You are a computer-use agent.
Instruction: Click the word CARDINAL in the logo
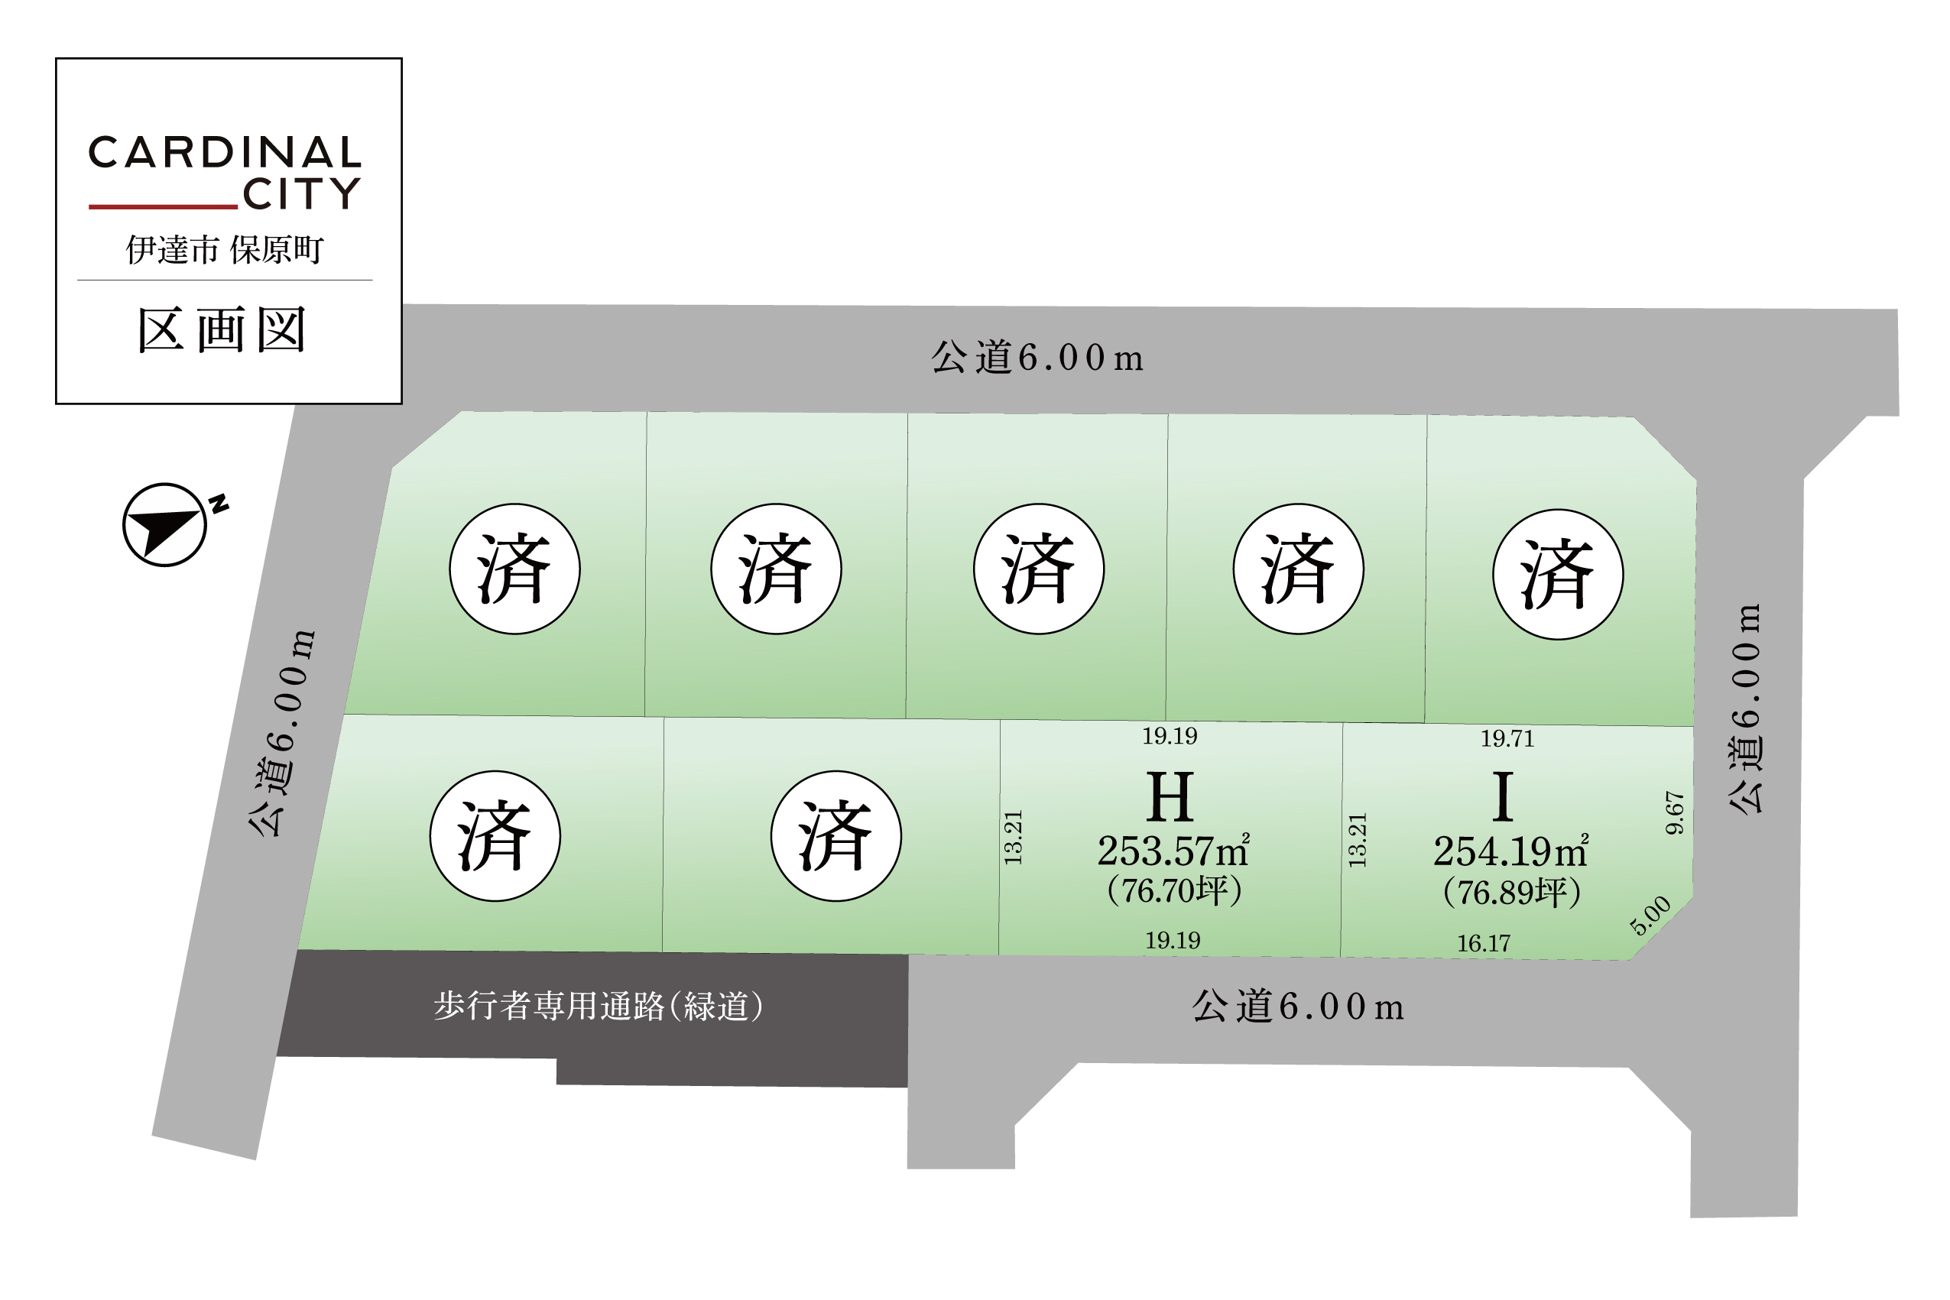[x=225, y=153]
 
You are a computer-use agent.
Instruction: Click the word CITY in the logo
[x=302, y=193]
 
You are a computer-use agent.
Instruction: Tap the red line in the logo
[x=164, y=206]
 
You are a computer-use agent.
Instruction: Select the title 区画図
[x=222, y=330]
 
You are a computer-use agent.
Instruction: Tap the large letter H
[x=1170, y=797]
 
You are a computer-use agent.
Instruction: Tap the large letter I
[x=1502, y=797]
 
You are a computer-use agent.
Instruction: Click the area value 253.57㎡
[x=1173, y=851]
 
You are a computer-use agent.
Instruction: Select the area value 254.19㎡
[x=1510, y=851]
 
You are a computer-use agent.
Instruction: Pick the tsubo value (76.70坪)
[x=1174, y=890]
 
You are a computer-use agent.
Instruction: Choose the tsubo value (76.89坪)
[x=1511, y=892]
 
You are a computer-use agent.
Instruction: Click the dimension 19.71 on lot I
[x=1507, y=739]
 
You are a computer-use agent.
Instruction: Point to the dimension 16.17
[x=1484, y=944]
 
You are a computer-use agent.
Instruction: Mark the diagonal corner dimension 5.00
[x=1650, y=916]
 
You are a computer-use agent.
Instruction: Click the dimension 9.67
[x=1675, y=812]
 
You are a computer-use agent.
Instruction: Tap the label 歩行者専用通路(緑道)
[x=599, y=1006]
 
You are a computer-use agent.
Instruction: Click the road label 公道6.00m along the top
[x=1037, y=358]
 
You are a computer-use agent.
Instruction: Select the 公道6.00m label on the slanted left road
[x=282, y=733]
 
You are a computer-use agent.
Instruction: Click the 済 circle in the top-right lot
[x=1558, y=575]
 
